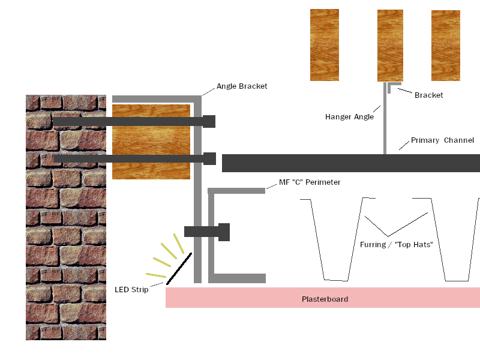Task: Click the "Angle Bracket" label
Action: (242, 86)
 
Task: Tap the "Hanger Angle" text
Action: (349, 116)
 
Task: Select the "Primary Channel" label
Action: (442, 140)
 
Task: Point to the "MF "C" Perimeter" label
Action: (310, 182)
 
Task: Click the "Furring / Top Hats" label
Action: (397, 245)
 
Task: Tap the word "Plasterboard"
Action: (325, 299)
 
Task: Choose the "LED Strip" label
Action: (131, 290)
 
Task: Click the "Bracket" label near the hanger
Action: (428, 95)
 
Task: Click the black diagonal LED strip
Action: (179, 269)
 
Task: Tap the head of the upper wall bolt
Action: (209, 121)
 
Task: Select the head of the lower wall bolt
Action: (209, 158)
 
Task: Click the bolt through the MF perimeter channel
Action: (207, 232)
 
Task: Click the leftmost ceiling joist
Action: (325, 45)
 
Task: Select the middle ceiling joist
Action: (390, 46)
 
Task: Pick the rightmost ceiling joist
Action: (446, 46)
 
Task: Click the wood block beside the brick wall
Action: (151, 142)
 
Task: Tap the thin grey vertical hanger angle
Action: (385, 118)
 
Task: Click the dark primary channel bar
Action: (351, 163)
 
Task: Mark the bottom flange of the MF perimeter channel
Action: (237, 278)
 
